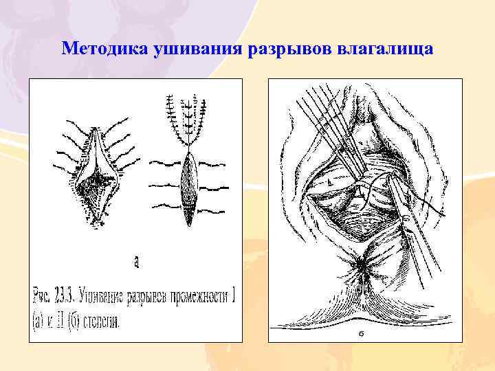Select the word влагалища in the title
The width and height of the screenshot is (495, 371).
[385, 49]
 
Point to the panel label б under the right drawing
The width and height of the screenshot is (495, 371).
[361, 335]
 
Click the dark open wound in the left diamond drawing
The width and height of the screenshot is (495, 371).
[96, 181]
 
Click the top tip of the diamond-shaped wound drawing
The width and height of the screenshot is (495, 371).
[94, 128]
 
